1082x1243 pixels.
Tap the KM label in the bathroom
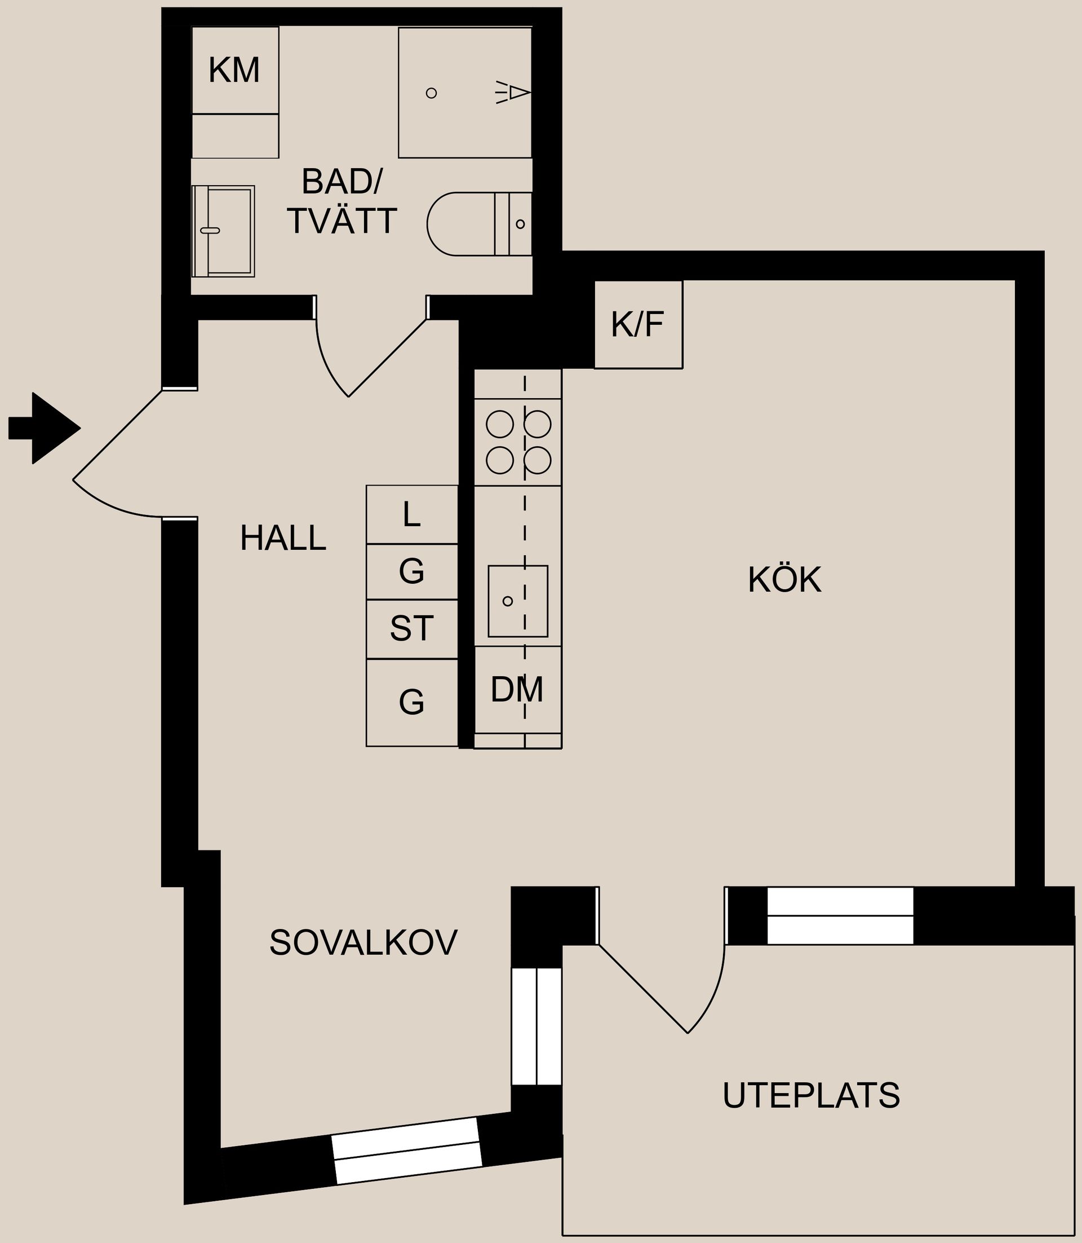tap(234, 70)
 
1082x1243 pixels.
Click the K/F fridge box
tap(638, 324)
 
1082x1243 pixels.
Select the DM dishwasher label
tap(517, 690)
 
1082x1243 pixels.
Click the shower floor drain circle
tap(431, 93)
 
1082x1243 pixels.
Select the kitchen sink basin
tap(517, 601)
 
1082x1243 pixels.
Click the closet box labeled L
tap(412, 515)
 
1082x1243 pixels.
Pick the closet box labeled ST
tap(412, 629)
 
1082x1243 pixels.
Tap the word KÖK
tap(784, 580)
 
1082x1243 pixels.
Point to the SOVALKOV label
tap(363, 942)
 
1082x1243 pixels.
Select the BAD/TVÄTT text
tap(342, 202)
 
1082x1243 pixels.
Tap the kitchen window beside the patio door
tap(839, 915)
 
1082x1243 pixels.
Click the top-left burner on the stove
tap(499, 424)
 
